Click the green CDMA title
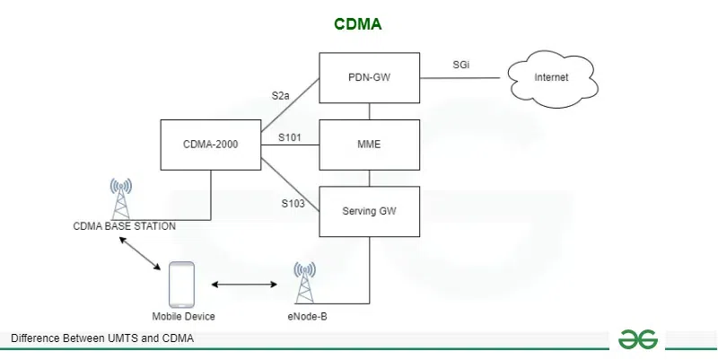[x=358, y=24]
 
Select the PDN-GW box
[x=370, y=78]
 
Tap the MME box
[x=370, y=145]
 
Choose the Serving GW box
[x=370, y=212]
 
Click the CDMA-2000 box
[x=210, y=145]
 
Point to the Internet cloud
[x=551, y=78]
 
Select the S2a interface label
[x=282, y=94]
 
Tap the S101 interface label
[x=289, y=137]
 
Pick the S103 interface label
[x=293, y=204]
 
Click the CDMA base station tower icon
[x=120, y=198]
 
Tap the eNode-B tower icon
[x=304, y=283]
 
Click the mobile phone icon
[x=183, y=285]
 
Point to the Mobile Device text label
[x=183, y=317]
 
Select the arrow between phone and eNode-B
[x=244, y=285]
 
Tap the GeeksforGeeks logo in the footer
[x=637, y=338]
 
